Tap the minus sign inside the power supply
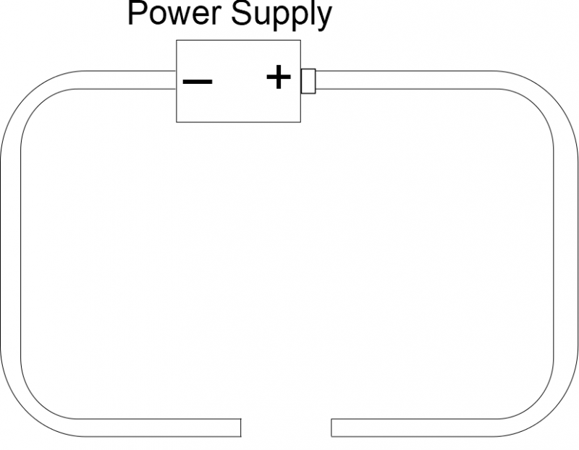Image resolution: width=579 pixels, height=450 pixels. coord(197,81)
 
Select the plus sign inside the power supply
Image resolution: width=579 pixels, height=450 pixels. coord(279,77)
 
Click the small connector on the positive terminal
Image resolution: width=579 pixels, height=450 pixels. coord(308,80)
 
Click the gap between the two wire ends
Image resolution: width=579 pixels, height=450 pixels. coord(286,428)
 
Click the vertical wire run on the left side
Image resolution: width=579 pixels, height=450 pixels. coord(10,253)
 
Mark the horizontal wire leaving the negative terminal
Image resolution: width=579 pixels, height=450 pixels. coord(123,80)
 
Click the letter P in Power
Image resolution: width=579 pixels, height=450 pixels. coord(136,14)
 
